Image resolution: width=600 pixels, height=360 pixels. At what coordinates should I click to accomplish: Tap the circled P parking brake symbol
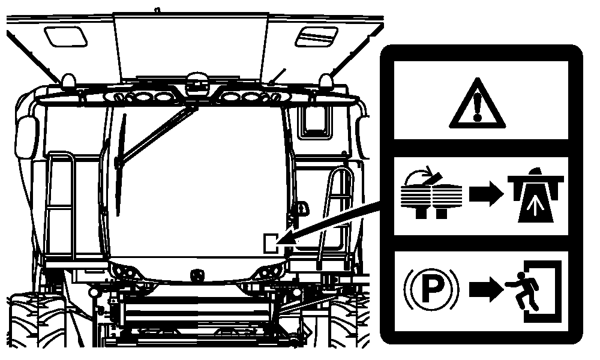pyautogui.click(x=431, y=289)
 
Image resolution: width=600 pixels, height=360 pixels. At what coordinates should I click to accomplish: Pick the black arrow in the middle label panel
pyautogui.click(x=486, y=194)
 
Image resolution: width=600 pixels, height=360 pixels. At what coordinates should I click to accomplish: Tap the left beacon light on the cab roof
pyautogui.click(x=68, y=81)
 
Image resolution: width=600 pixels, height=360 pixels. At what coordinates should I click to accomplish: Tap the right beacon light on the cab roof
pyautogui.click(x=326, y=81)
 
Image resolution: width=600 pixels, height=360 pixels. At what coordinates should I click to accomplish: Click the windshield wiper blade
pyautogui.click(x=121, y=164)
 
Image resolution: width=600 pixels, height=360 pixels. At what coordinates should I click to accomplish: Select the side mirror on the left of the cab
pyautogui.click(x=27, y=137)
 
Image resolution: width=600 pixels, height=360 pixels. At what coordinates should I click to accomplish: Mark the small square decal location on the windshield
pyautogui.click(x=272, y=243)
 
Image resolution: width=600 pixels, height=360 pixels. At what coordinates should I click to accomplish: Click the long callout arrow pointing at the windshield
pyautogui.click(x=328, y=223)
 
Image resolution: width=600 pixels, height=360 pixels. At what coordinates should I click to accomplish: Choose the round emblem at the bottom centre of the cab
pyautogui.click(x=197, y=275)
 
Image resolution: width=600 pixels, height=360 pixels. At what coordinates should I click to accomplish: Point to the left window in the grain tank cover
pyautogui.click(x=65, y=37)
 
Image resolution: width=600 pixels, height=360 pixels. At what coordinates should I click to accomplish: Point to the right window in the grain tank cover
pyautogui.click(x=316, y=37)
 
